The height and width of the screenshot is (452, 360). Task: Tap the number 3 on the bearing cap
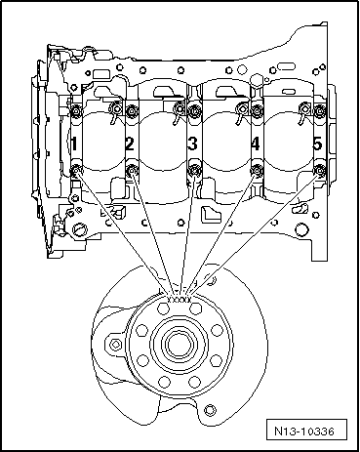pyautogui.click(x=192, y=144)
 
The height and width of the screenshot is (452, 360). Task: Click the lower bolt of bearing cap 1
pyautogui.click(x=76, y=174)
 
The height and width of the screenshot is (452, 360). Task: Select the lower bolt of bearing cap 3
pyautogui.click(x=194, y=174)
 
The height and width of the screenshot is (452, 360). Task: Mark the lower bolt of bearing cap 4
pyautogui.click(x=258, y=173)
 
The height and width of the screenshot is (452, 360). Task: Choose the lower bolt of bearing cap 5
pyautogui.click(x=318, y=174)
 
